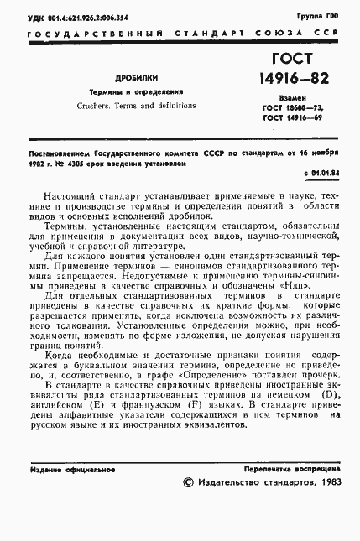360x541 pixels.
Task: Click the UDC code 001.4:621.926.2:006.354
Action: click(x=83, y=16)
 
